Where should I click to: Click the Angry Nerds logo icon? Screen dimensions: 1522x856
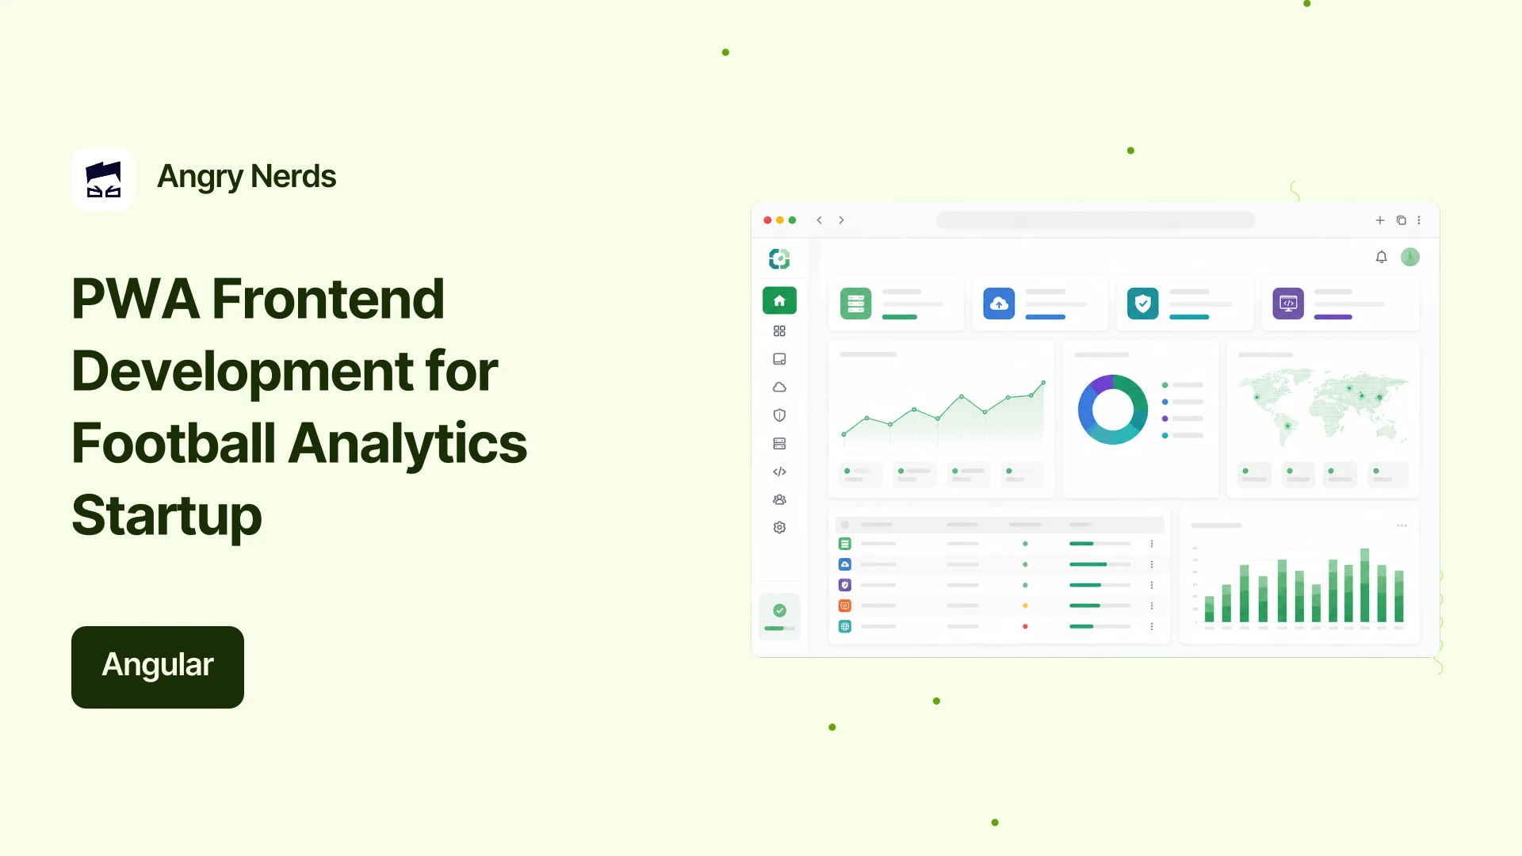click(103, 179)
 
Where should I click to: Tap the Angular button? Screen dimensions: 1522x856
click(158, 667)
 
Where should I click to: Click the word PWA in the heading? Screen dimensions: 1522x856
click(136, 299)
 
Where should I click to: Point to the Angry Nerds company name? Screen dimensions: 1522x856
click(247, 177)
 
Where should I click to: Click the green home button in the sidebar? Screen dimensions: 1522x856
click(779, 300)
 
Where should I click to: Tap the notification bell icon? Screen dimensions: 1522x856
click(1382, 257)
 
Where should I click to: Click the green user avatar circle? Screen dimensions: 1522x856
click(1410, 257)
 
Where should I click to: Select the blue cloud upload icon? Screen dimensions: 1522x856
click(999, 304)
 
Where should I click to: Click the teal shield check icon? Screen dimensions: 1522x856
click(1143, 304)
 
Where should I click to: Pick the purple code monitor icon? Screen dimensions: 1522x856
click(1288, 304)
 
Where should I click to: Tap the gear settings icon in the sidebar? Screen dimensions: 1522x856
click(779, 528)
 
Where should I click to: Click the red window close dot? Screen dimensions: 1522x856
click(767, 220)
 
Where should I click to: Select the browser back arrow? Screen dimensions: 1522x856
click(819, 220)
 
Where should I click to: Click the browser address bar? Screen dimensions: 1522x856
click(1096, 220)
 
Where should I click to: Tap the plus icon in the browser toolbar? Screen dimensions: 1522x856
click(1380, 220)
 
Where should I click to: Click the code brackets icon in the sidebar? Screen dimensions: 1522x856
click(779, 472)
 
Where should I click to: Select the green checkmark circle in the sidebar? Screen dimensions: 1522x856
click(780, 610)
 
